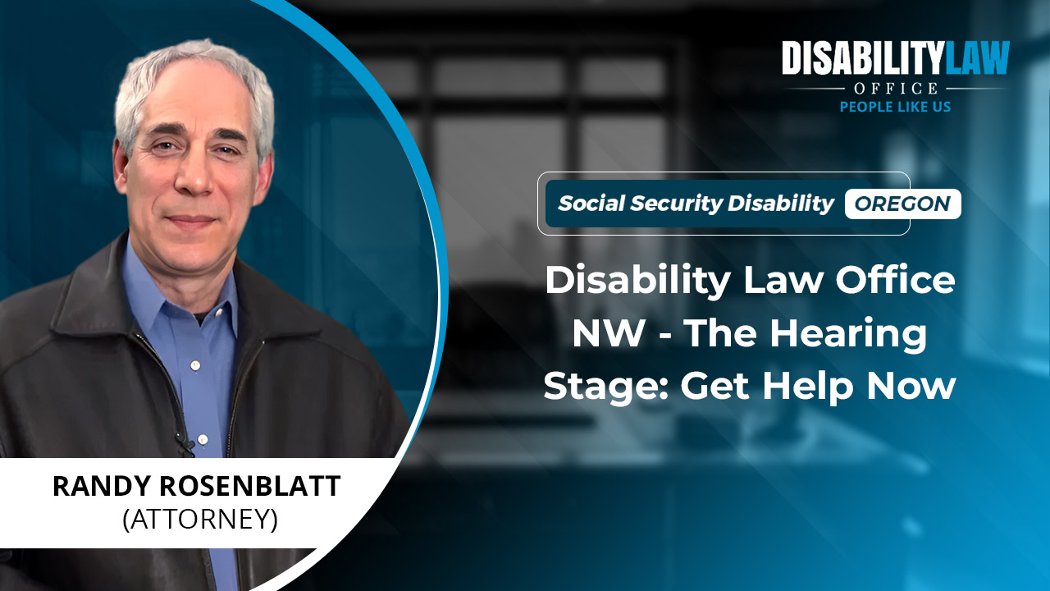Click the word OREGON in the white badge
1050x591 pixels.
pos(902,204)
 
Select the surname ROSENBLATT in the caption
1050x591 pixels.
pos(250,486)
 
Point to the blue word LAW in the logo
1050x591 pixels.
pos(976,57)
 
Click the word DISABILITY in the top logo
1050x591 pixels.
pos(862,57)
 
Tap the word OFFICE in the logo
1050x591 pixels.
pos(896,88)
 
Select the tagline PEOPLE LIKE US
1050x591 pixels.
pos(895,107)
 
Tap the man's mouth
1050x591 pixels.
pos(191,219)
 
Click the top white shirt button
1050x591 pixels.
pos(196,364)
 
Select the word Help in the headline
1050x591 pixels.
pos(806,386)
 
